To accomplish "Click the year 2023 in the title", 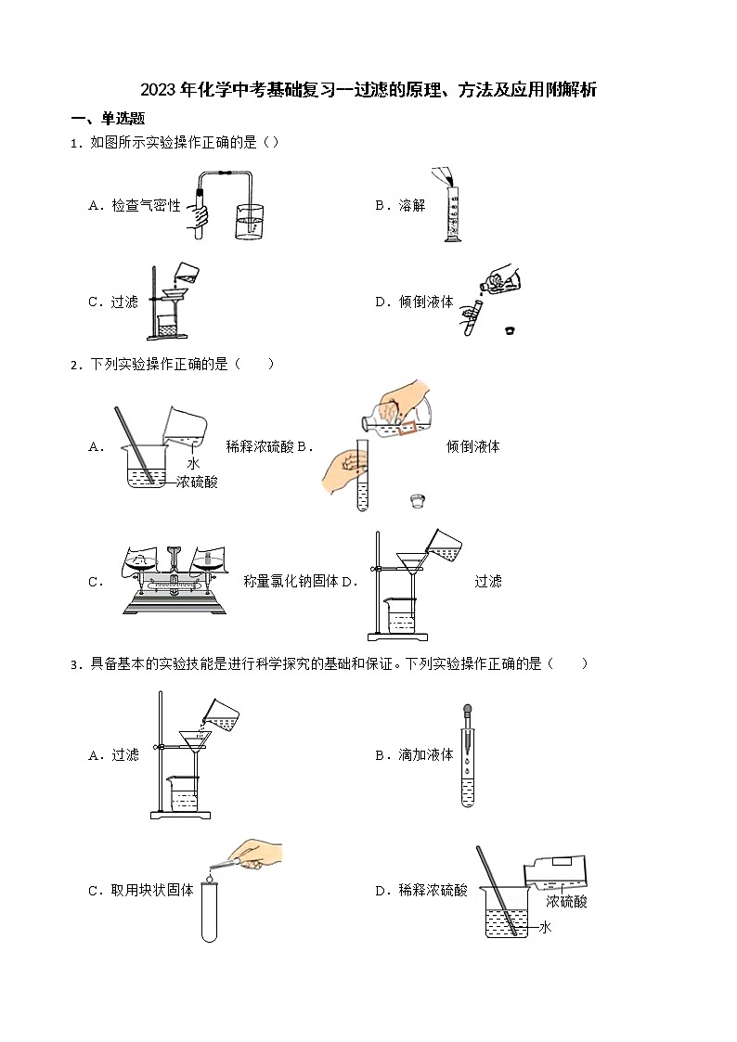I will pyautogui.click(x=158, y=90).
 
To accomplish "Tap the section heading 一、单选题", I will pyautogui.click(x=108, y=119).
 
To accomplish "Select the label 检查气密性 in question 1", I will pyautogui.click(x=146, y=206).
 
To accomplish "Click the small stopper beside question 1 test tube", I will pyautogui.click(x=509, y=329).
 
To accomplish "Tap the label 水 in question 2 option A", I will pyautogui.click(x=193, y=463).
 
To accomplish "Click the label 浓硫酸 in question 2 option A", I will pyautogui.click(x=197, y=482).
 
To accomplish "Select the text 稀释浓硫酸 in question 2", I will pyautogui.click(x=260, y=446).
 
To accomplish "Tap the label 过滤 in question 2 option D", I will pyautogui.click(x=487, y=581).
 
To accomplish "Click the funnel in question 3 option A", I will pyautogui.click(x=195, y=740).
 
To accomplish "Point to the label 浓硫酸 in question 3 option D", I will pyautogui.click(x=566, y=901).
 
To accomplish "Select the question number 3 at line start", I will pyautogui.click(x=73, y=664).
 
